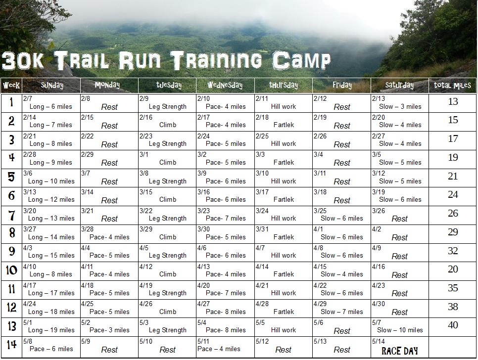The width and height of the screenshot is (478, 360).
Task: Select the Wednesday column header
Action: point(225,85)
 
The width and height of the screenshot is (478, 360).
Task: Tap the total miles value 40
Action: point(453,325)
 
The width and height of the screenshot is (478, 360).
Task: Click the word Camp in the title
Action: point(301,61)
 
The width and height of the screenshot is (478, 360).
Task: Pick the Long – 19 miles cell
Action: point(51,330)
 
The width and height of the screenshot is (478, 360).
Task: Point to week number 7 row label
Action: point(11,214)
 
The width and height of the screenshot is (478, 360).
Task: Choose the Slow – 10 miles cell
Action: point(400,330)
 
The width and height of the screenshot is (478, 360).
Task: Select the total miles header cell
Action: point(453,85)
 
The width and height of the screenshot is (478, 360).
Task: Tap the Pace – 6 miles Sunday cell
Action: point(51,349)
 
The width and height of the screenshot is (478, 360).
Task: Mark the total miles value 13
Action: point(453,102)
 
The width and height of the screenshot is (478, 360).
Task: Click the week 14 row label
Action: point(11,345)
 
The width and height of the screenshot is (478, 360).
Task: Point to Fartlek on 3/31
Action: point(284,237)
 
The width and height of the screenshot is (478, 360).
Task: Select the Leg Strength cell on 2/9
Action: point(167,106)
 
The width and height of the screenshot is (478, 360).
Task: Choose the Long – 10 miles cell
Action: point(51,181)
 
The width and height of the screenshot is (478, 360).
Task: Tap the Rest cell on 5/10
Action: point(167,350)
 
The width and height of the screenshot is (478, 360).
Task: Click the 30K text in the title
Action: point(24,61)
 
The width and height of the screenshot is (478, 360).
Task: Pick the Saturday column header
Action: point(399,85)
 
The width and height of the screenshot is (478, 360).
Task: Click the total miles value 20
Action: point(453,270)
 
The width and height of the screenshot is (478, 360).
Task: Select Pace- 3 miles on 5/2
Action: point(109,330)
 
